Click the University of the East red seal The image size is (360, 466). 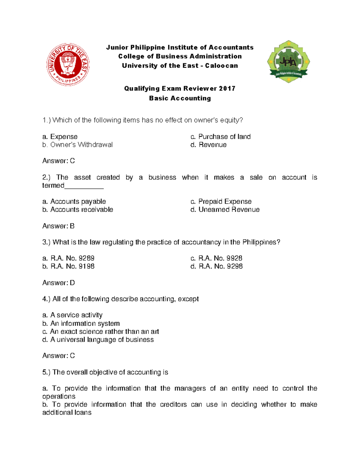[x=68, y=65]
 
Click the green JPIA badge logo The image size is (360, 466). [x=288, y=62]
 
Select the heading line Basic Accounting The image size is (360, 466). [x=180, y=98]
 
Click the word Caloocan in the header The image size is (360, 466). [x=221, y=66]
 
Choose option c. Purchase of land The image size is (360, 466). [x=220, y=137]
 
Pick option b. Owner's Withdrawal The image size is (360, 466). [x=77, y=145]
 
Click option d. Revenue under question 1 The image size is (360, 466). [x=208, y=145]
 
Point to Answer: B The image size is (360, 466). [x=58, y=226]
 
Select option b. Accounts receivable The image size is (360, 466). [x=77, y=210]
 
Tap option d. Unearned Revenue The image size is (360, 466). [x=225, y=210]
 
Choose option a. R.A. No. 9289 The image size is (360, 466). [x=68, y=258]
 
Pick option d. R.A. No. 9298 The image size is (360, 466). [x=216, y=266]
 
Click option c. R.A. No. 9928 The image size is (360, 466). [x=216, y=258]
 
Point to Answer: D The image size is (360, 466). [x=58, y=283]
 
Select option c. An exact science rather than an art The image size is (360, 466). [x=100, y=332]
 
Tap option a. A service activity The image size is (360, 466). [x=72, y=315]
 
